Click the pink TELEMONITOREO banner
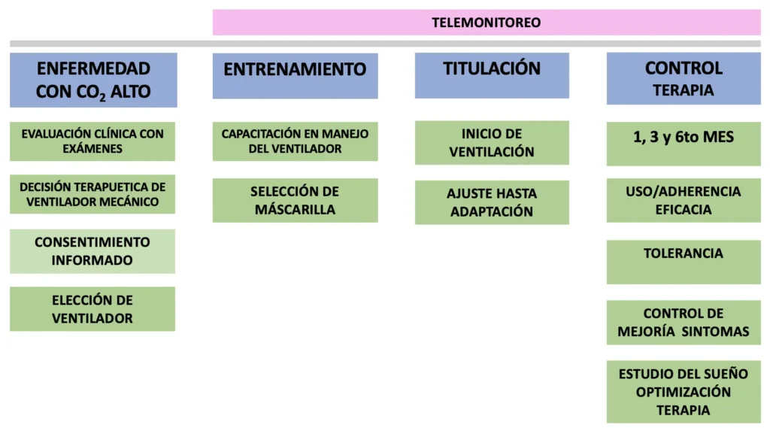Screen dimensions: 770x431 point(487,22)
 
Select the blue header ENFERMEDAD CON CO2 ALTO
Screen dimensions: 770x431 point(93,80)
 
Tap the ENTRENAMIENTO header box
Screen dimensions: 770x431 point(295,76)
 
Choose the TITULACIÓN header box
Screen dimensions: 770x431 point(492,75)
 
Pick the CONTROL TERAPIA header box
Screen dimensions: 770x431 point(684,78)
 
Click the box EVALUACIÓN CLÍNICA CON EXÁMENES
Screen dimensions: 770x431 point(92,141)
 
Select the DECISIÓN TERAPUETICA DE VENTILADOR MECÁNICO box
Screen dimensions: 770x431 point(92,194)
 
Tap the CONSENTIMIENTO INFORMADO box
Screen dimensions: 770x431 point(92,251)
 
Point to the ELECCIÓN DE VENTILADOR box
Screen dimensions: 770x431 point(92,308)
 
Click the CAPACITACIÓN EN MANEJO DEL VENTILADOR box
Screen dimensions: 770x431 point(295,141)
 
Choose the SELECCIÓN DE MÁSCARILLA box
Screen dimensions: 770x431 point(295,200)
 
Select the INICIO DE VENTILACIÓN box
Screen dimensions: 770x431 point(492,142)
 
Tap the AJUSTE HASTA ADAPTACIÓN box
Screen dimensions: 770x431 point(492,202)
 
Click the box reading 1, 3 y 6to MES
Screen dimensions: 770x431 point(684,144)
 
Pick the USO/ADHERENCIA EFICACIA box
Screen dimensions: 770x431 point(684,200)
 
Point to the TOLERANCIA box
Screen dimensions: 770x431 point(684,262)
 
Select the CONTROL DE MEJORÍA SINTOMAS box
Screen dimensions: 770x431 point(684,323)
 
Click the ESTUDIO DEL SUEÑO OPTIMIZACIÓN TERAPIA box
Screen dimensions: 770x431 point(684,392)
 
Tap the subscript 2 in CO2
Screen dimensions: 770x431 point(102,97)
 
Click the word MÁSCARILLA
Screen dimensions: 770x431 point(295,209)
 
